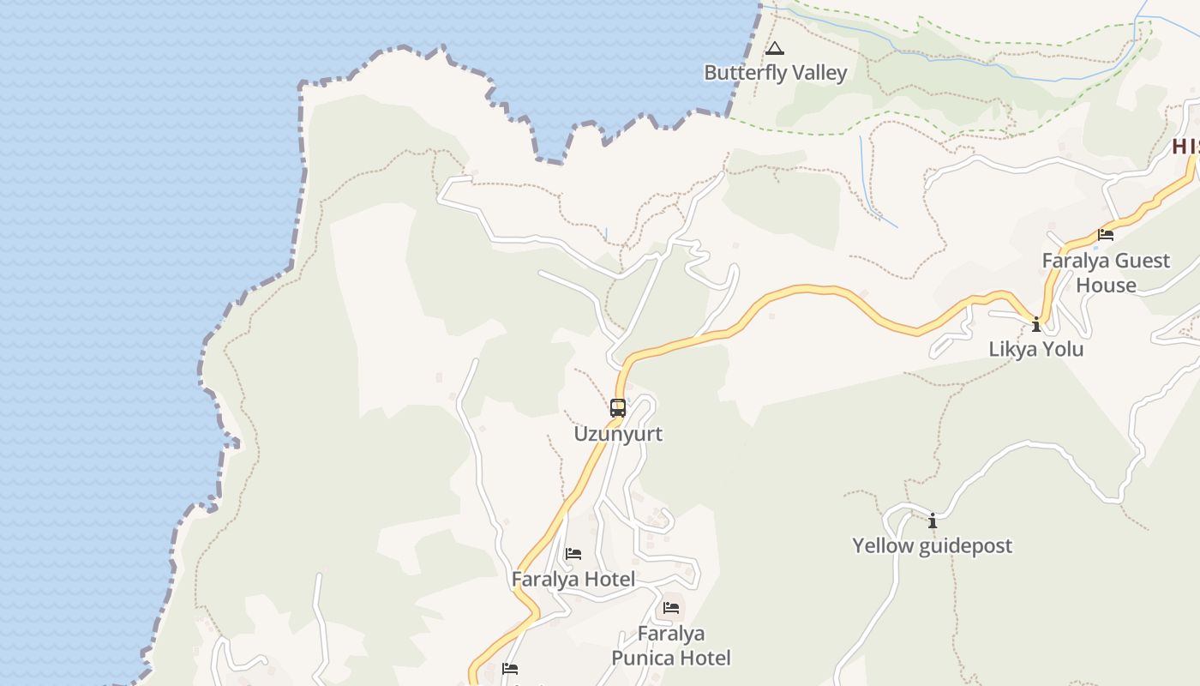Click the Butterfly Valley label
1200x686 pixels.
[x=775, y=73]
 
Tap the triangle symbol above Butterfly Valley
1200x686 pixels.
[x=775, y=49]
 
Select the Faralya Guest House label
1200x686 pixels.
[x=1106, y=273]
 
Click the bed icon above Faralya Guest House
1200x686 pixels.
[x=1106, y=234]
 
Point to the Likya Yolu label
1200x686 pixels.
[x=1035, y=349]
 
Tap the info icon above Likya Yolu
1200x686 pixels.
[x=1036, y=324]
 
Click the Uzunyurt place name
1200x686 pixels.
[x=618, y=433]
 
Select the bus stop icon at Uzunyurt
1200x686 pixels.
[x=618, y=408]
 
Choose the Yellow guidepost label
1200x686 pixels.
[x=932, y=545]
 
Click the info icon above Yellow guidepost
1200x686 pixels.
[x=933, y=521]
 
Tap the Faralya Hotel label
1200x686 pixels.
[x=573, y=579]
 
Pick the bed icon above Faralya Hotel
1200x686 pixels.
[x=573, y=554]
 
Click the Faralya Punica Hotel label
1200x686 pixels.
[x=671, y=646]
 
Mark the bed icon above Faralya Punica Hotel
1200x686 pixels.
[x=671, y=608]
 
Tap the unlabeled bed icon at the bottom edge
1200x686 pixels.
[x=511, y=669]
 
